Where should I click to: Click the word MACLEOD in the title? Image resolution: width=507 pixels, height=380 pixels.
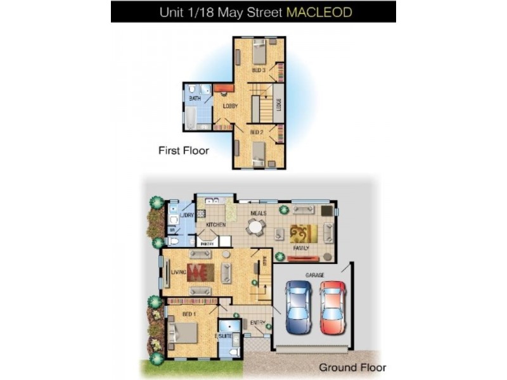coord(320,11)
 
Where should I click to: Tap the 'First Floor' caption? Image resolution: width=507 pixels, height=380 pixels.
coord(183,151)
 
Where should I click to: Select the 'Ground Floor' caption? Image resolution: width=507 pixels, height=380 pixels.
coord(352,367)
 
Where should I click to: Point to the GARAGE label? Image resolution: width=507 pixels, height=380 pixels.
coord(315,275)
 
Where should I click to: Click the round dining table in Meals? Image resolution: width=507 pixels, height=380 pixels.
coord(255,227)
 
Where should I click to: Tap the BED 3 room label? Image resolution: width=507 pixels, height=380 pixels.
coord(259,70)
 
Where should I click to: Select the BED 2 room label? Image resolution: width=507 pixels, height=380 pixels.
coord(256,132)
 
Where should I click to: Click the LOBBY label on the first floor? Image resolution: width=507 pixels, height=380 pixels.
coord(230,106)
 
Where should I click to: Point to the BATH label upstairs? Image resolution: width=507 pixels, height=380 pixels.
coord(195,99)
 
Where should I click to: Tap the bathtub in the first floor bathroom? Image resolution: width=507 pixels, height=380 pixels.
coord(191,117)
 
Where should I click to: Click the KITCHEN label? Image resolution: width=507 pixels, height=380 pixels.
coord(215,225)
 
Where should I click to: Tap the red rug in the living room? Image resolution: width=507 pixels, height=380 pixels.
coord(200,272)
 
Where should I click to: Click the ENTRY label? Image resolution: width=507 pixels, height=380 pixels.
coord(257,323)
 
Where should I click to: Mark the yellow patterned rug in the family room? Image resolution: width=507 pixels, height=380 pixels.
coord(303,233)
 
